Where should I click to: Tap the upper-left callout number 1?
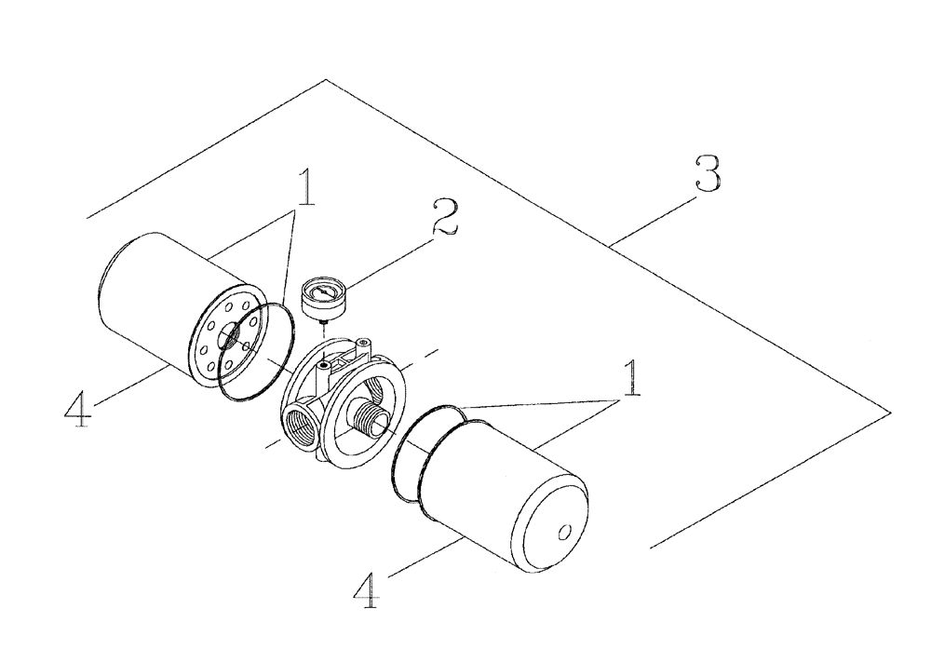(304, 190)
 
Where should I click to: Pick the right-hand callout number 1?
(633, 380)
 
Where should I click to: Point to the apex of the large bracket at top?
(325, 80)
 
